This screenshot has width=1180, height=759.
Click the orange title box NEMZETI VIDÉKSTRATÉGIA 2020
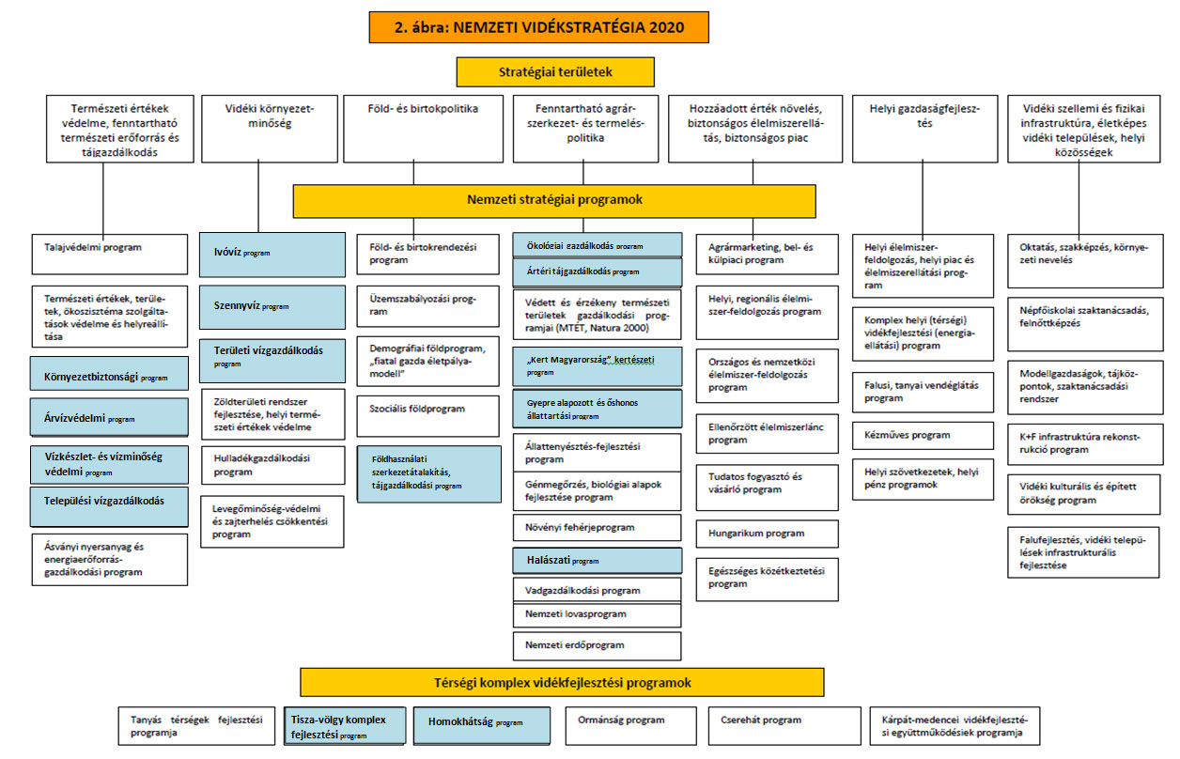[538, 27]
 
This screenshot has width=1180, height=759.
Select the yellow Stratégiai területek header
[555, 71]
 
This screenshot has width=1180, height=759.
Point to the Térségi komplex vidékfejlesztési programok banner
[562, 682]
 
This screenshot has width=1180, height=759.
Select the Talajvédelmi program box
[109, 254]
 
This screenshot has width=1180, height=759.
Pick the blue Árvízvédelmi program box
[109, 419]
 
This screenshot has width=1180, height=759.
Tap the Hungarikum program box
[767, 534]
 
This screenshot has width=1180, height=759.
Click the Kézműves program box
[923, 435]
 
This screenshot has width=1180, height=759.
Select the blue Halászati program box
[597, 561]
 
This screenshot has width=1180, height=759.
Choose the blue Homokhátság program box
[482, 724]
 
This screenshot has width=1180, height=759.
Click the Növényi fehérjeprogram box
[597, 528]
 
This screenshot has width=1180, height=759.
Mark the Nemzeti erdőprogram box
[597, 645]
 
